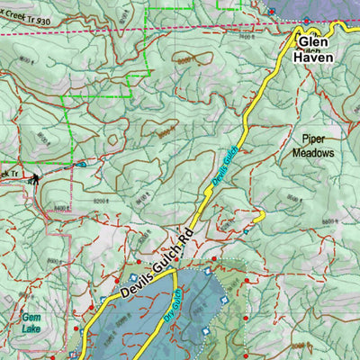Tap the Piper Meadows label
click(312, 146)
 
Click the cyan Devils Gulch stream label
click(225, 166)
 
